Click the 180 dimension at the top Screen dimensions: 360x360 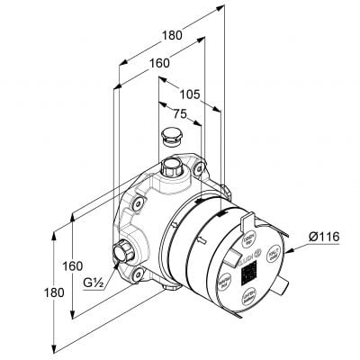(172, 35)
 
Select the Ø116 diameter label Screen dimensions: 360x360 (323, 237)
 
